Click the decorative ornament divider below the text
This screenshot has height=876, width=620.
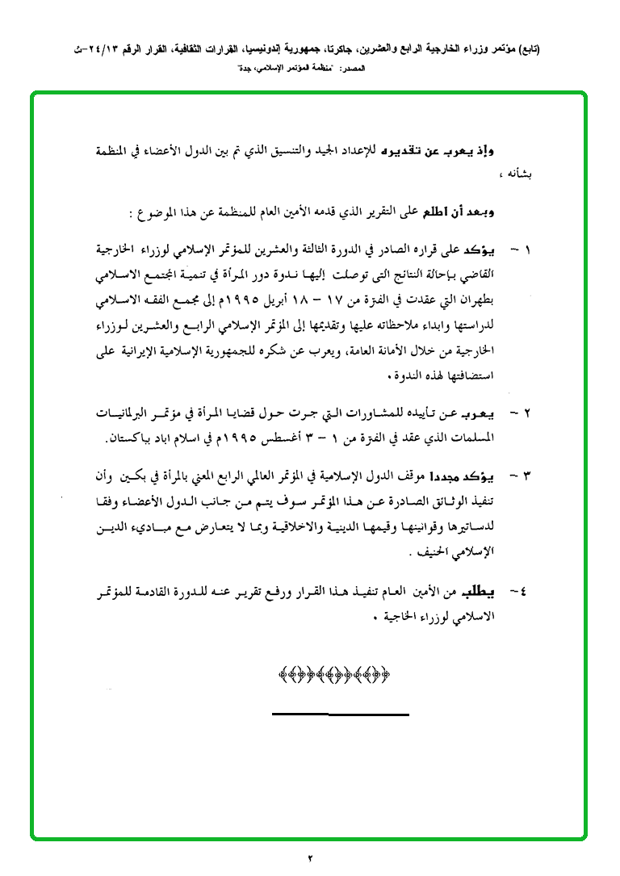333,673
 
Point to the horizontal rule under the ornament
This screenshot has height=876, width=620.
340,714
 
